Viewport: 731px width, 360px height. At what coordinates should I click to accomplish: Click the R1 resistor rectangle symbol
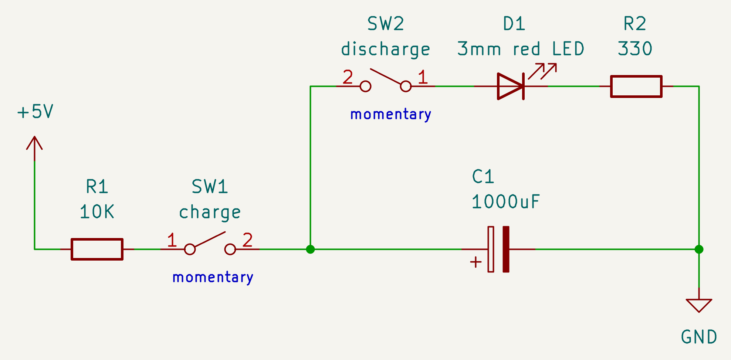[x=97, y=249]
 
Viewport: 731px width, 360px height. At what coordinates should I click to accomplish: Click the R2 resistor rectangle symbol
[x=636, y=86]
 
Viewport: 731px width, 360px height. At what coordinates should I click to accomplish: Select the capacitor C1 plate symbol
[x=498, y=249]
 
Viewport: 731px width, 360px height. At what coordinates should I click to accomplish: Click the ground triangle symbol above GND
[x=699, y=305]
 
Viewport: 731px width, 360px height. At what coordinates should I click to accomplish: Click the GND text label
[x=699, y=337]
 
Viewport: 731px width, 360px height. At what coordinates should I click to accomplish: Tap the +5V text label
[x=35, y=112]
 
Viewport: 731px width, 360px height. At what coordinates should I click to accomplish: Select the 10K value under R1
[x=97, y=212]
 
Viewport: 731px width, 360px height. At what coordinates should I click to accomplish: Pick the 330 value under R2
[x=635, y=49]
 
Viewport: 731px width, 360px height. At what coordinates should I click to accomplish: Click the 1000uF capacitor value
[x=505, y=202]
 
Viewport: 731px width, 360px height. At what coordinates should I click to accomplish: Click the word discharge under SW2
[x=385, y=50]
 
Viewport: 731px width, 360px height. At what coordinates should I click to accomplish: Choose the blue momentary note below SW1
[x=213, y=277]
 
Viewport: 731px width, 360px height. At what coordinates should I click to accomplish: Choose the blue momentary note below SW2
[x=390, y=114]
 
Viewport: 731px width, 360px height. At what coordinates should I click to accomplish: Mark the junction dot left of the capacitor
[x=311, y=249]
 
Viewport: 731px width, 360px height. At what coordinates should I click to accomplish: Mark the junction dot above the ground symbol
[x=699, y=249]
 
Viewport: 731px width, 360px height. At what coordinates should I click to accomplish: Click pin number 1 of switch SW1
[x=172, y=240]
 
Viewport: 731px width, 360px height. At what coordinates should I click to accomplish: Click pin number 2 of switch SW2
[x=348, y=77]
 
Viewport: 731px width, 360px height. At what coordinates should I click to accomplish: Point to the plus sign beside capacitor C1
[x=476, y=262]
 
